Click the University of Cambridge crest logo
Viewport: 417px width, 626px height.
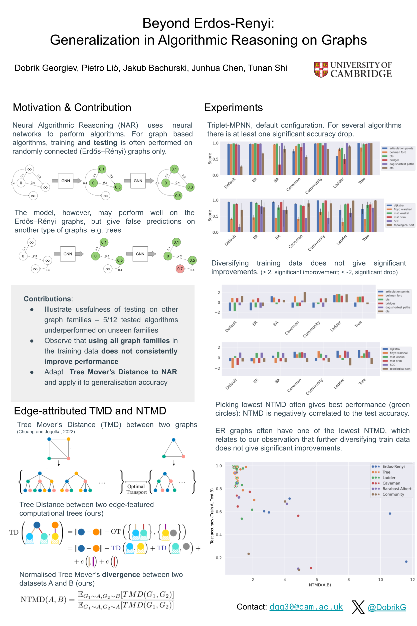pos(321,70)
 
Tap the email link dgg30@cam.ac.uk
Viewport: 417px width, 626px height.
pos(306,607)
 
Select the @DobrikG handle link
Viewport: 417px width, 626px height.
pos(387,607)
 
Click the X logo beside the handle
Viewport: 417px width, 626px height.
pos(358,607)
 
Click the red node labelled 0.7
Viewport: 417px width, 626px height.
pos(180,269)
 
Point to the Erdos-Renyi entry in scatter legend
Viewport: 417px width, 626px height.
pos(393,466)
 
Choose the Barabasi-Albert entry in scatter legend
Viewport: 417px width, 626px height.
pos(396,489)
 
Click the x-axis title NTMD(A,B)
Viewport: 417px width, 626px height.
pos(320,585)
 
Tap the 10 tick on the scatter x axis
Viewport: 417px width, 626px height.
pos(380,579)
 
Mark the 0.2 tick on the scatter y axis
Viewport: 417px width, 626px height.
pos(219,558)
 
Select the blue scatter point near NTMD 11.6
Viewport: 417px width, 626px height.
pos(406,562)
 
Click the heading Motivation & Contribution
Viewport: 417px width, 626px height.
pos(72,107)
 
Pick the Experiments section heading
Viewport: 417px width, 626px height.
pos(233,107)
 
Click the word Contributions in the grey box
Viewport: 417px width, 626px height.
pos(48,299)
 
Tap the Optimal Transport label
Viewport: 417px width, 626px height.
pos(136,489)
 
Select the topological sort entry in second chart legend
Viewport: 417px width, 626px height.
pos(403,225)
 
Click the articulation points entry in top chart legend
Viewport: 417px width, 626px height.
pos(401,148)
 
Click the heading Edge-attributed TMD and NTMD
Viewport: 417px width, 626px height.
pos(90,411)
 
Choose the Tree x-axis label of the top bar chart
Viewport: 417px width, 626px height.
pos(362,181)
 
